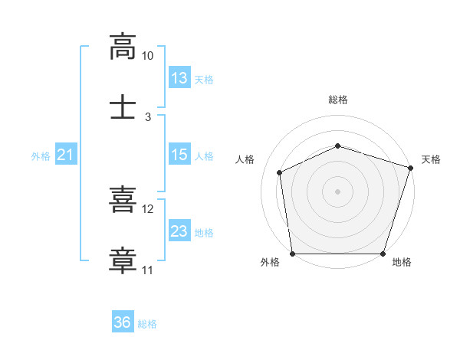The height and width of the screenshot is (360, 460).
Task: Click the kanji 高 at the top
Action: [123, 47]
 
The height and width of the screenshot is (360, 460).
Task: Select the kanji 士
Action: [123, 106]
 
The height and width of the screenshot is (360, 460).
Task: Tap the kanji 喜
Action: [123, 199]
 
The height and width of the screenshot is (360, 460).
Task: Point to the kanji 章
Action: [123, 260]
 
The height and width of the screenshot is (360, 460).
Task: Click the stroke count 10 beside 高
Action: [147, 56]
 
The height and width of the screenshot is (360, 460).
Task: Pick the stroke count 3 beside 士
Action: [148, 117]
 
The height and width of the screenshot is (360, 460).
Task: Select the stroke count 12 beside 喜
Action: [147, 209]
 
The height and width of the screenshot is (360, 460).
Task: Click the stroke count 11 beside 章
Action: [147, 270]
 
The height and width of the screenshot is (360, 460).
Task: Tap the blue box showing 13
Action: [179, 77]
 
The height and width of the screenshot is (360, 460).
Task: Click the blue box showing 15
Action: [179, 154]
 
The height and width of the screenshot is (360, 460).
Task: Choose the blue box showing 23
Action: [179, 230]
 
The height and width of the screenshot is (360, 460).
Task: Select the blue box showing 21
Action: [66, 154]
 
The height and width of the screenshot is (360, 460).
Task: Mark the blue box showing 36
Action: [123, 321]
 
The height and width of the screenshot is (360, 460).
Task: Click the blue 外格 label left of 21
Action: [41, 156]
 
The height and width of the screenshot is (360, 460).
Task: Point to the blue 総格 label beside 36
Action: [147, 324]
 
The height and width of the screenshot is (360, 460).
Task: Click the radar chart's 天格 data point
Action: [410, 168]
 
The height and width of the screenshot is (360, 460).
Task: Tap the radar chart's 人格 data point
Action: [279, 172]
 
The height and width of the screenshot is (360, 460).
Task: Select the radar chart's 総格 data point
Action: [337, 146]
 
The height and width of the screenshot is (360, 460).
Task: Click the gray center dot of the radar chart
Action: [337, 191]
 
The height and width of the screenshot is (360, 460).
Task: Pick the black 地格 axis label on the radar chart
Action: [402, 262]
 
